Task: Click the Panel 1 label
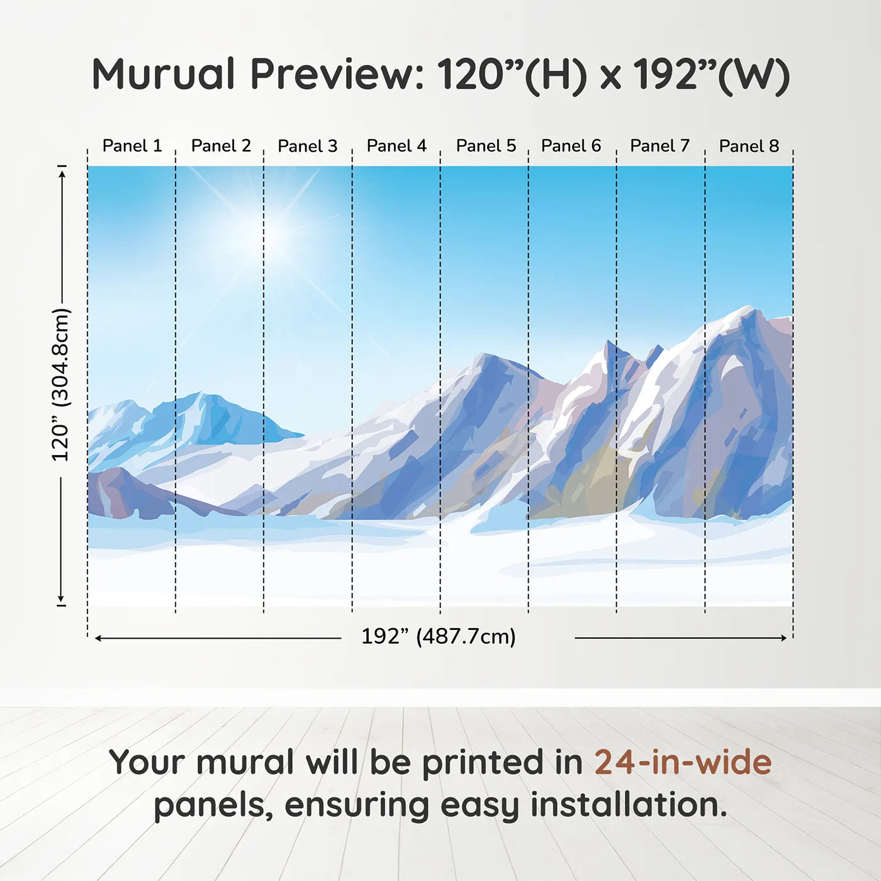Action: tap(132, 146)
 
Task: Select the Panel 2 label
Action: tap(221, 146)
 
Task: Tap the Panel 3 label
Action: tap(307, 146)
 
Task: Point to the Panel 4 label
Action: tap(396, 146)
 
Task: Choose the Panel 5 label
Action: tap(486, 146)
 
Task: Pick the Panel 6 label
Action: tap(571, 146)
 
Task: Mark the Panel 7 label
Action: tap(659, 146)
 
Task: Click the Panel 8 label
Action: tap(749, 146)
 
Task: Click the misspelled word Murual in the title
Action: tap(164, 74)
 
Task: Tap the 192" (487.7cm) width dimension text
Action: tap(439, 636)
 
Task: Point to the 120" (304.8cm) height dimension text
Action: tap(61, 384)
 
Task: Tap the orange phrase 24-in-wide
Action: tap(683, 761)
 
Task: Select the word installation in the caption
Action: tap(629, 805)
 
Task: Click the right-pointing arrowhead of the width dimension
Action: tap(783, 637)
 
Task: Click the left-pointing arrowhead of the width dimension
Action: tap(98, 638)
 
